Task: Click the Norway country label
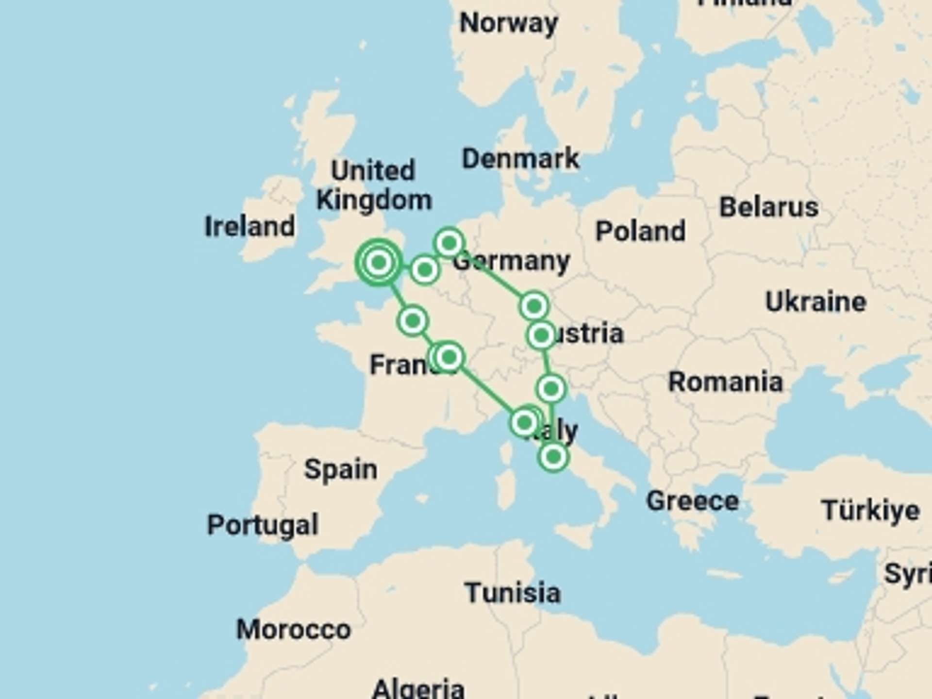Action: point(508,23)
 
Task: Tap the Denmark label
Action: point(520,159)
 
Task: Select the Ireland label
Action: point(250,227)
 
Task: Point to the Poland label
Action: point(640,231)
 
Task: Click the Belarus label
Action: point(768,207)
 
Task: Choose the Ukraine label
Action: point(815,302)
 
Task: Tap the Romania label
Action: point(726,382)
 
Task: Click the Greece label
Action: point(692,500)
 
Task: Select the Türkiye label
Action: point(870,510)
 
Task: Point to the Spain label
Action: point(341,469)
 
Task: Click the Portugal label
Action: point(263,525)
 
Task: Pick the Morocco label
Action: point(293,630)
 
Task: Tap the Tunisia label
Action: point(513,593)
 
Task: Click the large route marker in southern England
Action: point(379,263)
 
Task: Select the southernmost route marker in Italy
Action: point(553,457)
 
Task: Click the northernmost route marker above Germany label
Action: point(449,242)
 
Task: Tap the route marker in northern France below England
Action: point(413,321)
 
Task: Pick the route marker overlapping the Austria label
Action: point(541,335)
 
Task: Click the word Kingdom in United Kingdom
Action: point(374,200)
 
